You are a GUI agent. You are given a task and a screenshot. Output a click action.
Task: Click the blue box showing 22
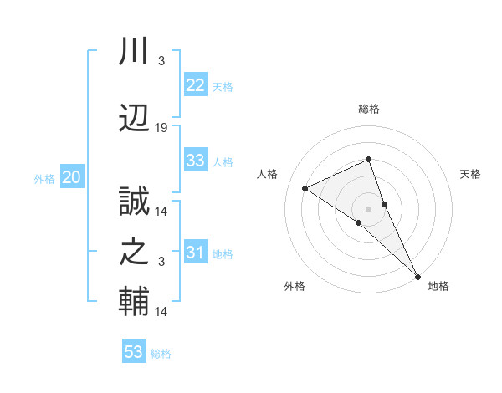(195, 85)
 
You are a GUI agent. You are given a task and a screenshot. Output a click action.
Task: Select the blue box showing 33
(195, 161)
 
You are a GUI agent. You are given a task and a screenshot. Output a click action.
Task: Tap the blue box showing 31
(195, 253)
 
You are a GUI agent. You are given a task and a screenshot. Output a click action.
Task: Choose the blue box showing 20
(72, 177)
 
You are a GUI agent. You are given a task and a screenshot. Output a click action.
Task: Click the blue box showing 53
(134, 352)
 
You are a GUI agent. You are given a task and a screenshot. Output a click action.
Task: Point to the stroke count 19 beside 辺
(161, 128)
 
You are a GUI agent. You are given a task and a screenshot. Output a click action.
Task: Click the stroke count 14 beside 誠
(161, 212)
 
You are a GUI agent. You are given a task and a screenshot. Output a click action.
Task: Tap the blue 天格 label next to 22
(223, 87)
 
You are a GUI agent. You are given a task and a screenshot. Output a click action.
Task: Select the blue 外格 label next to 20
(44, 179)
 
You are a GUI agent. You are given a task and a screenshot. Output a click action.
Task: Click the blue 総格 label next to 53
(161, 354)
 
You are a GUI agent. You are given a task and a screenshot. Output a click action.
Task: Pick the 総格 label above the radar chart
(368, 110)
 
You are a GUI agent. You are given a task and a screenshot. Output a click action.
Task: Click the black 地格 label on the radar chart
(438, 287)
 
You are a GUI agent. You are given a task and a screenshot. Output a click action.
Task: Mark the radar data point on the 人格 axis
(305, 188)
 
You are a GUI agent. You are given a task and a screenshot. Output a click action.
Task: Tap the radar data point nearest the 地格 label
(417, 275)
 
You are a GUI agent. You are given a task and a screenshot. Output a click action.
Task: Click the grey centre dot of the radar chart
(368, 208)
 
